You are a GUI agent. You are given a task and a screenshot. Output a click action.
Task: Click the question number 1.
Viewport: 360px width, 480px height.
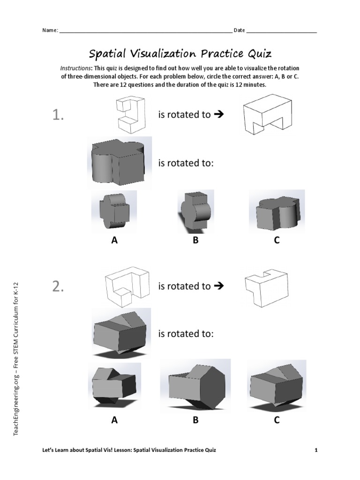[58, 115]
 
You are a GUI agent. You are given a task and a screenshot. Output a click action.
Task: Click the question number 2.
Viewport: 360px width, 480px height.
[58, 287]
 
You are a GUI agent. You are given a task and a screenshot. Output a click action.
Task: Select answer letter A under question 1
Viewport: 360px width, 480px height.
[114, 240]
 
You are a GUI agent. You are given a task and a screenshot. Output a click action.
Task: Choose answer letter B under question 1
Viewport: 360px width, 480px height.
[195, 240]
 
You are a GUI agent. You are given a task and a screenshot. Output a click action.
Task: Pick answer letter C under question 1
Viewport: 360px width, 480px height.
[277, 240]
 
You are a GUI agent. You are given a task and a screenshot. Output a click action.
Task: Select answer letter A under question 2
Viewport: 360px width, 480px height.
[114, 420]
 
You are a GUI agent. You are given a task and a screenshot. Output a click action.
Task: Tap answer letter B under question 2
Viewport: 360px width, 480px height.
[195, 420]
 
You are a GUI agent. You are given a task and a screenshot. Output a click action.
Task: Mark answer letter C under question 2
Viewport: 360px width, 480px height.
[277, 420]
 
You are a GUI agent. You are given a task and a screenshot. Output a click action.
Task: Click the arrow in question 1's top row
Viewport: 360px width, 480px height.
[218, 115]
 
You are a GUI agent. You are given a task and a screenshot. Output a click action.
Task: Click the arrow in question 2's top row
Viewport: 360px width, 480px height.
[218, 286]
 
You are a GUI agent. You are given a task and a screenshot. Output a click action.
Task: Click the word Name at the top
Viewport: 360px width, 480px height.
[50, 30]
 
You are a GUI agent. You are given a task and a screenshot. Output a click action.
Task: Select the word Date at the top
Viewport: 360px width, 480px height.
[239, 30]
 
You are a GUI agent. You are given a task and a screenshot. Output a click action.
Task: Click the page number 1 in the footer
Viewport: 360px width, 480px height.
[316, 450]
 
